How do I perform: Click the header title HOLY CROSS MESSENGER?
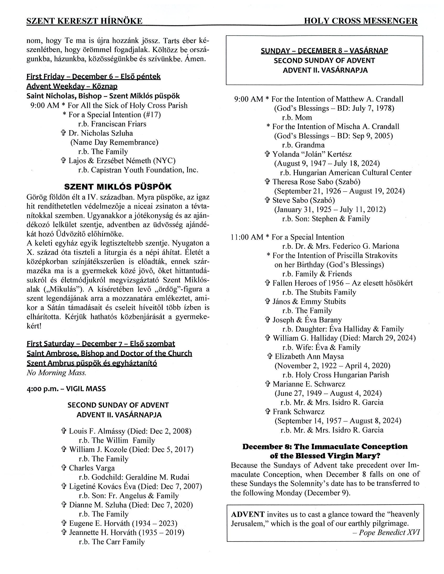[361, 21]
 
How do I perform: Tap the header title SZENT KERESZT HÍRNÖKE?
[84, 21]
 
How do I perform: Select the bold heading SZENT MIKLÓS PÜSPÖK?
[118, 187]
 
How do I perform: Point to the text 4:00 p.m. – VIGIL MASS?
[66, 389]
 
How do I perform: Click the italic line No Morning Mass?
[56, 373]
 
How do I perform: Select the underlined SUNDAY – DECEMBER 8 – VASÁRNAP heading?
[324, 51]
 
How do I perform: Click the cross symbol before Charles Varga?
[63, 468]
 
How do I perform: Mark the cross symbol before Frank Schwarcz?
[268, 412]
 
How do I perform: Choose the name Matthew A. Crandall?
[369, 99]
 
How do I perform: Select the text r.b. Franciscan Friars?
[112, 124]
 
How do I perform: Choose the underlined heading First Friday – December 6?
[93, 76]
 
